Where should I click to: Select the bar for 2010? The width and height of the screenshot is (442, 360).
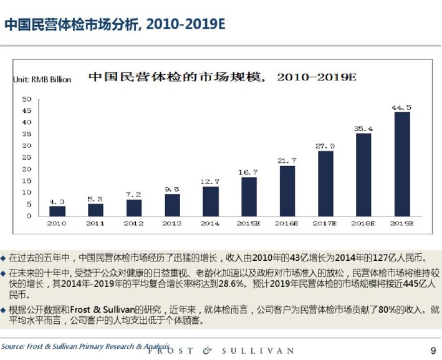[57, 210]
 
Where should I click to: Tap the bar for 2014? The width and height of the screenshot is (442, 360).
[210, 201]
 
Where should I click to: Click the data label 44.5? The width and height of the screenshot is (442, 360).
[401, 107]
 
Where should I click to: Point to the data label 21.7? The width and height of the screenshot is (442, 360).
[287, 160]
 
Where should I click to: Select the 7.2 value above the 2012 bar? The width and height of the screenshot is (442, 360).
[134, 194]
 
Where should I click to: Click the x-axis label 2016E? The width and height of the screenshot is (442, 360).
[287, 223]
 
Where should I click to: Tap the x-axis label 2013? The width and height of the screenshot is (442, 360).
[172, 223]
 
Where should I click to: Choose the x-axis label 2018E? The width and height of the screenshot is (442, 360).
[363, 223]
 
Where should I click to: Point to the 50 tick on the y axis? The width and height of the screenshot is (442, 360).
[27, 99]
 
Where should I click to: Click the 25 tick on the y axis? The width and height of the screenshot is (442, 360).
[27, 157]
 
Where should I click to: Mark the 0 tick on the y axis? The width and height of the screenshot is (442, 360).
[29, 216]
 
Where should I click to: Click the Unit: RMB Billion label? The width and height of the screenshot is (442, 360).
[42, 79]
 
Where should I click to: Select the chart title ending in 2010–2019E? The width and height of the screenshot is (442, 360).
[221, 77]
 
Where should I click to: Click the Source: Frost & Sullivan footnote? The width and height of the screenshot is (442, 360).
[85, 346]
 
